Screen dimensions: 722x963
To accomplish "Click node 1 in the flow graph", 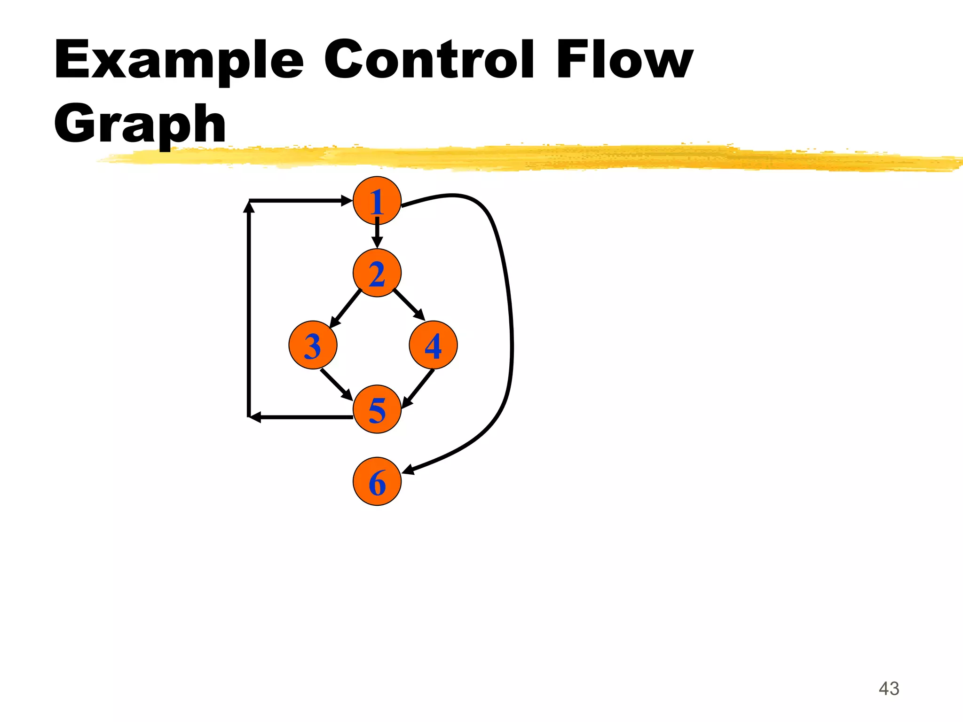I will point(377,200).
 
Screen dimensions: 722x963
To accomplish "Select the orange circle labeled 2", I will point(377,273).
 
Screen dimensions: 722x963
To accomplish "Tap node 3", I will point(313,345).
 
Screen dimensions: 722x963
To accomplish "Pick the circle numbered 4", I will point(433,345).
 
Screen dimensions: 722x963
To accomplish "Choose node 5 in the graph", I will point(377,409).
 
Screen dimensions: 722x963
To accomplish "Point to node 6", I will point(377,481).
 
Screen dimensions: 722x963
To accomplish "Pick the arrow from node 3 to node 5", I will point(336,384).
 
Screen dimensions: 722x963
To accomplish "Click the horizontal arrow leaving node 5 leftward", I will point(301,417).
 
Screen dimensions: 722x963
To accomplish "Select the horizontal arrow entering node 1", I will point(301,201).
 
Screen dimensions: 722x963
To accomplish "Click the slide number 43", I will point(889,689).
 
